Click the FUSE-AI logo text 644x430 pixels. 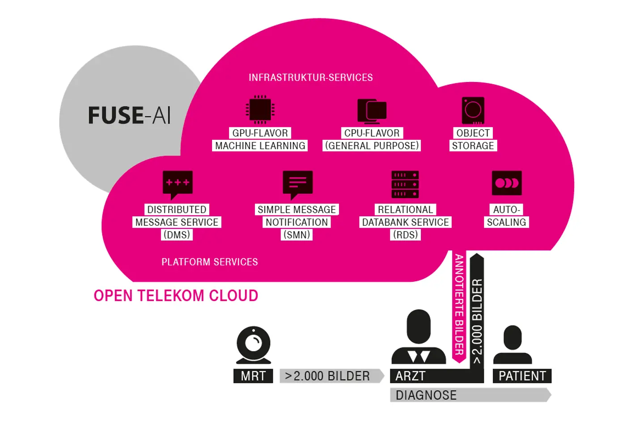(129, 116)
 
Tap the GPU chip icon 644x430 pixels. (260, 109)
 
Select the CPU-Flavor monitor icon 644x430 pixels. (372, 111)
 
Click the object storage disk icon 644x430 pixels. (473, 110)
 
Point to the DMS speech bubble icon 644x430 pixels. (178, 184)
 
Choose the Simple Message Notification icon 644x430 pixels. (297, 184)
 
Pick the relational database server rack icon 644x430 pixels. (405, 184)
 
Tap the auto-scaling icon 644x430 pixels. (507, 183)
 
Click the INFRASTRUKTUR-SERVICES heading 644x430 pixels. (310, 77)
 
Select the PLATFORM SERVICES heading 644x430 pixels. (209, 262)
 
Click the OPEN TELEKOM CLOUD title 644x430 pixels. (176, 296)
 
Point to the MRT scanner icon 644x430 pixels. (254, 345)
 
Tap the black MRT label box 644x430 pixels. (253, 376)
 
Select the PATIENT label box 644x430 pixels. (522, 376)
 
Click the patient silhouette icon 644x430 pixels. (513, 344)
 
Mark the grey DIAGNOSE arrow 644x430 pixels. (470, 395)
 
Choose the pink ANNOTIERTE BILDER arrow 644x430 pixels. (459, 305)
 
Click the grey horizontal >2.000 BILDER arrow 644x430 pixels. (331, 376)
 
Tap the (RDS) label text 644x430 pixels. (405, 235)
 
